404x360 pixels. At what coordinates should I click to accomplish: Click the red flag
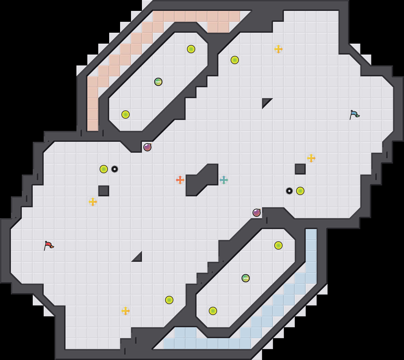pyautogui.click(x=49, y=245)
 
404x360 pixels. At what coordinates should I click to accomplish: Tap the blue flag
pyautogui.click(x=354, y=115)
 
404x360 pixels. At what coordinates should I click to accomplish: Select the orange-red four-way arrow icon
pyautogui.click(x=180, y=180)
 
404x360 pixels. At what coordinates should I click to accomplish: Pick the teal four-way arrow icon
pyautogui.click(x=224, y=180)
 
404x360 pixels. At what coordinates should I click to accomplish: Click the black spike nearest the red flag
pyautogui.click(x=115, y=169)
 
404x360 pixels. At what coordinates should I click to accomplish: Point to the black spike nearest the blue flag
pyautogui.click(x=289, y=191)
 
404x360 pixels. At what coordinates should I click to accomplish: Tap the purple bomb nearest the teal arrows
pyautogui.click(x=257, y=213)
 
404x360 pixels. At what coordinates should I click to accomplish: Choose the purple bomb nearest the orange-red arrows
pyautogui.click(x=147, y=147)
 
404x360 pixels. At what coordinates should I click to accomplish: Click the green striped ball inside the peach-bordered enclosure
pyautogui.click(x=158, y=82)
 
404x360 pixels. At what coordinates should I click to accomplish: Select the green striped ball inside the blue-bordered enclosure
pyautogui.click(x=246, y=278)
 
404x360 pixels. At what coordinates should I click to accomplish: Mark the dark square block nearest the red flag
pyautogui.click(x=104, y=191)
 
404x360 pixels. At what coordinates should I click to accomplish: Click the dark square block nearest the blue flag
pyautogui.click(x=300, y=169)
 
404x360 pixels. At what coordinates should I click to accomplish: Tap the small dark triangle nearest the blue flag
pyautogui.click(x=265, y=102)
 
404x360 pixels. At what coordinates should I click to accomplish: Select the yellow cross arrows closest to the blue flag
pyautogui.click(x=311, y=158)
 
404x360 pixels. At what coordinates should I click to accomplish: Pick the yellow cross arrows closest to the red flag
pyautogui.click(x=93, y=202)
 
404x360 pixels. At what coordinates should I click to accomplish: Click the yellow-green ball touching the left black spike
pyautogui.click(x=104, y=169)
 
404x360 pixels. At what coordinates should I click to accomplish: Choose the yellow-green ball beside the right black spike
pyautogui.click(x=300, y=191)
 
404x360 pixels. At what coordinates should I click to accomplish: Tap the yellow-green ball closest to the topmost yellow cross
pyautogui.click(x=235, y=60)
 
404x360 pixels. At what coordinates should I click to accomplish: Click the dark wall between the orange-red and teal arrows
pyautogui.click(x=202, y=180)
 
